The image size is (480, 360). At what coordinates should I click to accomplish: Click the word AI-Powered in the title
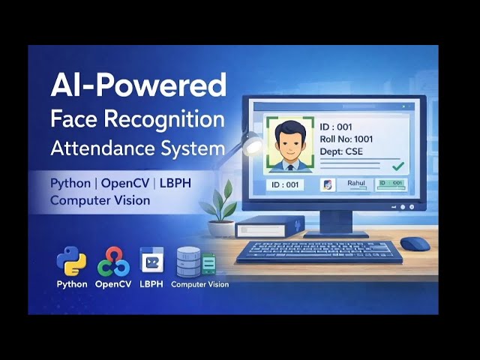click(138, 85)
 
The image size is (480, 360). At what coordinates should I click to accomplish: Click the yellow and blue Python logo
click(71, 262)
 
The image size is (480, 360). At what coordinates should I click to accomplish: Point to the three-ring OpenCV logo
click(113, 262)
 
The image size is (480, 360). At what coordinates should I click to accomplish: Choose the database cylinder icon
click(188, 262)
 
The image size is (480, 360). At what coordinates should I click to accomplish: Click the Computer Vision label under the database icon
click(199, 284)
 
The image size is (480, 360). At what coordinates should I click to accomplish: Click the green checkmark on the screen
click(398, 165)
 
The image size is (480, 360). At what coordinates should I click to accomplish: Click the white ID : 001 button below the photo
click(286, 184)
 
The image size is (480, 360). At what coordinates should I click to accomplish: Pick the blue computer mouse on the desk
click(415, 244)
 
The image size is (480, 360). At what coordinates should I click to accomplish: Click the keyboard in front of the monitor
click(319, 251)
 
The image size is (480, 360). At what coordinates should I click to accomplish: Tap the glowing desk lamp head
click(253, 142)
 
